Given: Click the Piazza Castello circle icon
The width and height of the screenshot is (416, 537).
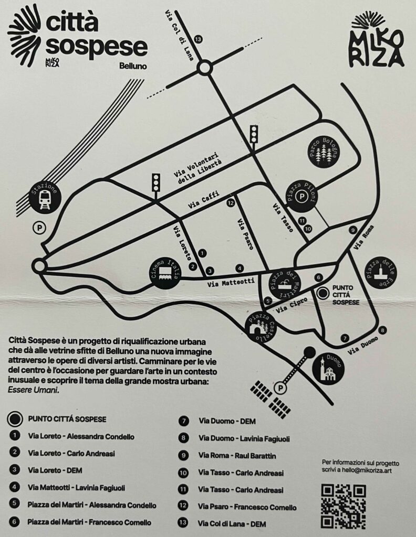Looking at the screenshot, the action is (261, 327).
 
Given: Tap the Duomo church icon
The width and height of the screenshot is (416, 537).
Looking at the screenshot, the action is (328, 369).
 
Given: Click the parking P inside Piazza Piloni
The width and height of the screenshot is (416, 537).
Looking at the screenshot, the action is (302, 197).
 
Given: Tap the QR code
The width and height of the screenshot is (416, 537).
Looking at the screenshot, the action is (344, 506).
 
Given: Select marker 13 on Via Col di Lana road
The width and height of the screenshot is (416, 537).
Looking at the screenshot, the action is (198, 39).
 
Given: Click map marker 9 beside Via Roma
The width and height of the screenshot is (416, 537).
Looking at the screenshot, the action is (353, 230).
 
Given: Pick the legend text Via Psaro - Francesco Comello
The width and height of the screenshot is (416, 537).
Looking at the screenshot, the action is (247, 507).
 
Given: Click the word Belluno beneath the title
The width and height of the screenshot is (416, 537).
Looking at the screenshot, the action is (133, 66).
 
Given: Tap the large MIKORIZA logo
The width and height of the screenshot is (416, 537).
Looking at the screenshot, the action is (377, 41).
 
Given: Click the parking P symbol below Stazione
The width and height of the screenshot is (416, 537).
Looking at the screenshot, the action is (39, 228).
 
